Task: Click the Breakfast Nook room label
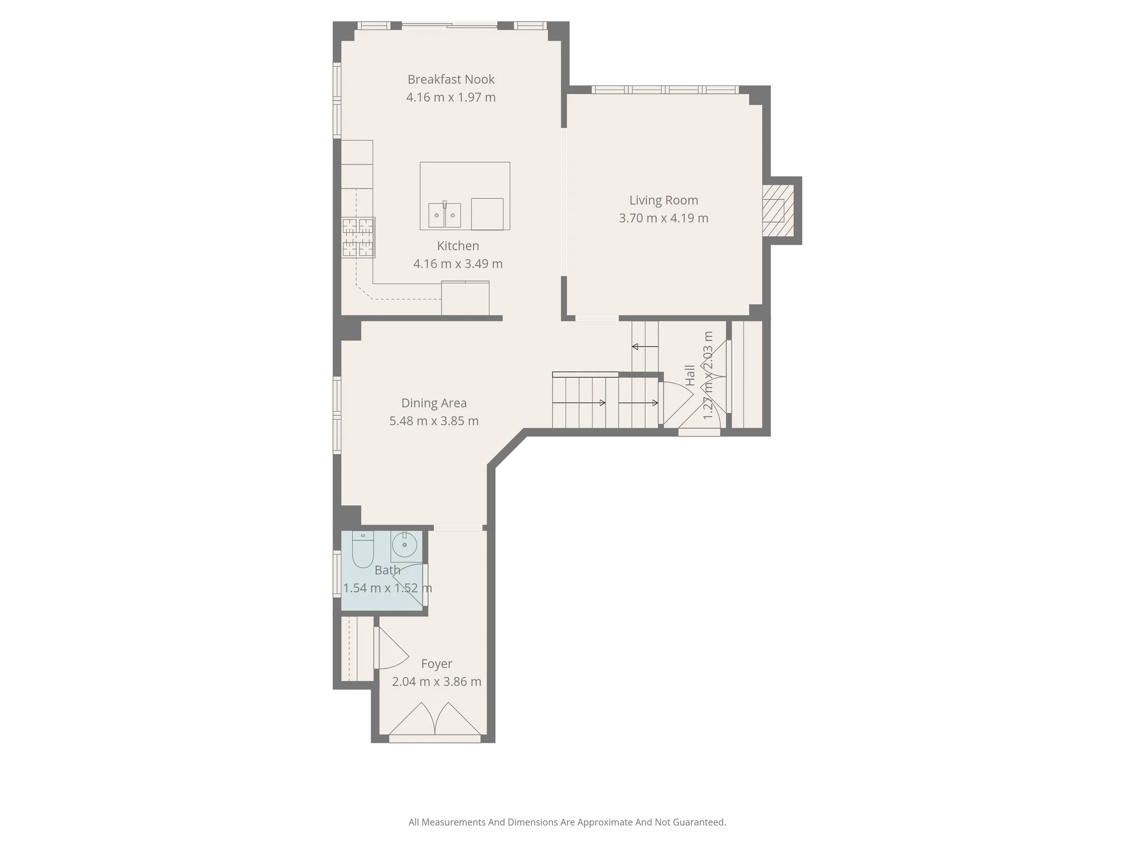click(450, 79)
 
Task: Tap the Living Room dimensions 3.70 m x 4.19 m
click(663, 218)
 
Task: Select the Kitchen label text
click(458, 246)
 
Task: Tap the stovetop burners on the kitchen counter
click(358, 237)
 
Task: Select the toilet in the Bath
click(363, 550)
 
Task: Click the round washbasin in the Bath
click(405, 545)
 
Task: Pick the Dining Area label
click(434, 403)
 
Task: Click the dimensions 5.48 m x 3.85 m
click(434, 421)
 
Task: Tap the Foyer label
click(436, 664)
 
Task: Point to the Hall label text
click(690, 375)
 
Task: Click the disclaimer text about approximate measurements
click(567, 822)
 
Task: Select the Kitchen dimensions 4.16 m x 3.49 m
click(458, 264)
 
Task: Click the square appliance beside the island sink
click(487, 214)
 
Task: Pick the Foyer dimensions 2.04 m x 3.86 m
click(436, 682)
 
